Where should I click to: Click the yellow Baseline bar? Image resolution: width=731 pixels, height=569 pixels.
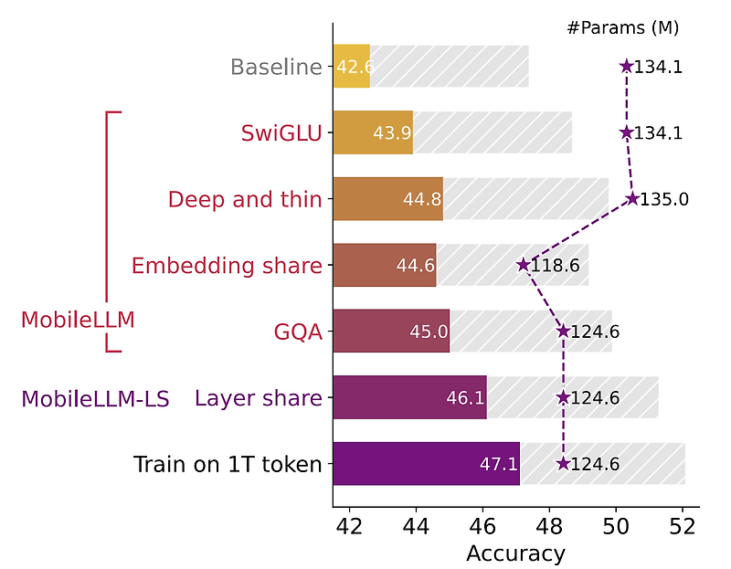coord(352,67)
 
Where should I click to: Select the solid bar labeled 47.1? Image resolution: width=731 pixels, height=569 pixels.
coord(426,464)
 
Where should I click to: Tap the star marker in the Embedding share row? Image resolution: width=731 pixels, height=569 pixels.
coord(523,265)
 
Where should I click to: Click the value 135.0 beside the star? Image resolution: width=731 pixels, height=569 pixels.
coord(664,199)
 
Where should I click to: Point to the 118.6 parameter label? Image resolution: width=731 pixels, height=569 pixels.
coord(560,266)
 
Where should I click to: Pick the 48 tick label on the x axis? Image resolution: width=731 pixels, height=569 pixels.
coord(549,528)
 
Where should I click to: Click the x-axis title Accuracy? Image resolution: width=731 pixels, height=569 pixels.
coord(515,553)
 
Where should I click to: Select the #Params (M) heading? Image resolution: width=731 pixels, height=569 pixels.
coord(622,27)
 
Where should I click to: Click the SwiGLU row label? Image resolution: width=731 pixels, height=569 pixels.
coord(281,133)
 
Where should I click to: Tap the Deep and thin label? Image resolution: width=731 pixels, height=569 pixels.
coord(245,199)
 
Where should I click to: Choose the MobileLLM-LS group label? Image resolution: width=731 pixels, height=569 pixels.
coord(95,399)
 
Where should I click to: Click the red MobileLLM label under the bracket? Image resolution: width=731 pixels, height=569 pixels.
coord(78,320)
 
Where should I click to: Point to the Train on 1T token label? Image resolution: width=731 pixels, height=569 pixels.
coord(228,464)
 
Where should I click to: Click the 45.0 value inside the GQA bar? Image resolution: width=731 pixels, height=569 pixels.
coord(429,332)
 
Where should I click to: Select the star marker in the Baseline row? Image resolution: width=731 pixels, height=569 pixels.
coord(626,66)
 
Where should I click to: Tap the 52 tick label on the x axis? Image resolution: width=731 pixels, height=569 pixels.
coord(683,528)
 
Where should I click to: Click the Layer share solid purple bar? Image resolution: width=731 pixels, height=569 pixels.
coord(409,398)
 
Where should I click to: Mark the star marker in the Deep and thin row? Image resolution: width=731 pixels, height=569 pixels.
coord(631,199)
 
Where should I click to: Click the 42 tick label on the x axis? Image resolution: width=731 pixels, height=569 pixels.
coord(349,528)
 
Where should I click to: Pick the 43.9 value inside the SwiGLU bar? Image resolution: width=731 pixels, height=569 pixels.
coord(392,133)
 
